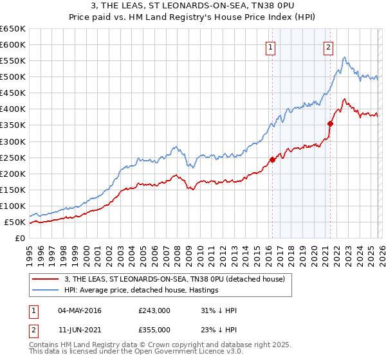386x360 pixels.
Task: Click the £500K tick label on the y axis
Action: click(13, 77)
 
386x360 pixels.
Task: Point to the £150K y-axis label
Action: click(13, 190)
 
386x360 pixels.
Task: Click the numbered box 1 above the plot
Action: click(271, 46)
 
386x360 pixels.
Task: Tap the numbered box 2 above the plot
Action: click(329, 46)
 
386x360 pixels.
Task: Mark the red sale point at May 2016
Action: click(272, 159)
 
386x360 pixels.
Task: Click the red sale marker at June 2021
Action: click(330, 123)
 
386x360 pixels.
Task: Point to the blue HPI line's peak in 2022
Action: click(345, 58)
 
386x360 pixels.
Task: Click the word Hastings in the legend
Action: click(202, 290)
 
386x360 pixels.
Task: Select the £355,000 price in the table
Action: click(154, 330)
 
